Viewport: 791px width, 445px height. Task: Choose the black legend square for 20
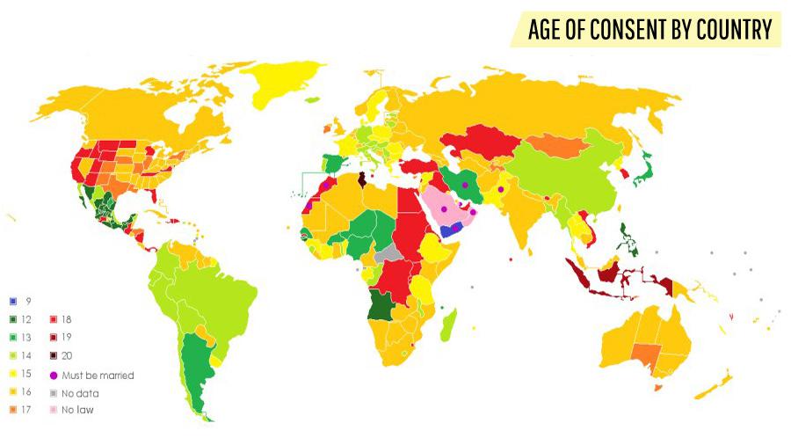pyautogui.click(x=54, y=355)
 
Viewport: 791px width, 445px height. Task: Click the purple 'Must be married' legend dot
pyautogui.click(x=54, y=375)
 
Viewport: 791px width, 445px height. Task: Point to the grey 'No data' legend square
pyautogui.click(x=54, y=392)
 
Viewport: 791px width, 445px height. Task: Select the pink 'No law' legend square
pyautogui.click(x=54, y=410)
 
